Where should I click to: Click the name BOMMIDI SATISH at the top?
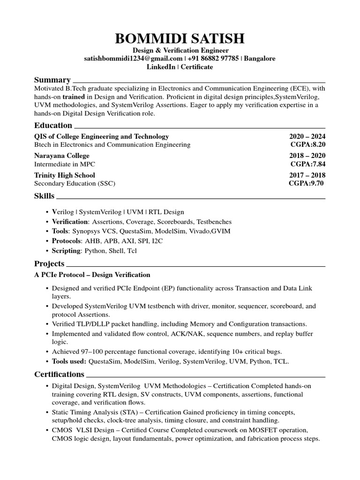click(180, 39)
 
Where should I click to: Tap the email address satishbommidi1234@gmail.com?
click(133, 59)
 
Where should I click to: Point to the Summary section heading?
click(52, 80)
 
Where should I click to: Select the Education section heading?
click(53, 125)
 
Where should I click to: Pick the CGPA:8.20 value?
click(308, 145)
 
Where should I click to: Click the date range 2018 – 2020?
click(307, 156)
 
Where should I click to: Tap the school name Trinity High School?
click(65, 175)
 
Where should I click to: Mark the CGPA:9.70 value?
click(307, 183)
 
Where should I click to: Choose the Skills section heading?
click(45, 195)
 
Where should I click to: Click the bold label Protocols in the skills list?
click(67, 241)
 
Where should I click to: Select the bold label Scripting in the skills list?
click(67, 251)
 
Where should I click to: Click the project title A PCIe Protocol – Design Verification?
click(92, 275)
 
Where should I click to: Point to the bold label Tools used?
click(69, 361)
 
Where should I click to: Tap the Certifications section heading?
click(59, 374)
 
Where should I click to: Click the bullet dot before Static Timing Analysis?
click(47, 412)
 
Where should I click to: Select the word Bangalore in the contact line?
click(260, 59)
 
